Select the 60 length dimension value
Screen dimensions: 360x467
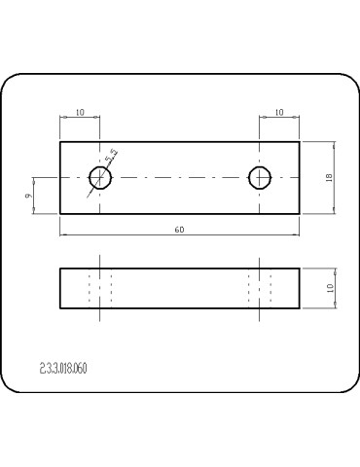[179, 230]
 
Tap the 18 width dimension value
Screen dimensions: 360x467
[329, 177]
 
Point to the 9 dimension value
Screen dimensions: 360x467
[28, 196]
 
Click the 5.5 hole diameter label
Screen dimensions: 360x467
[111, 156]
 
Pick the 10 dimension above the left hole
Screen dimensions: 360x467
[80, 112]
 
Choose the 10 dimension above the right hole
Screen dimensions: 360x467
[279, 112]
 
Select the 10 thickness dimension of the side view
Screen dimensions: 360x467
[330, 288]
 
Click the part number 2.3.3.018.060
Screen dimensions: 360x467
[63, 369]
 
